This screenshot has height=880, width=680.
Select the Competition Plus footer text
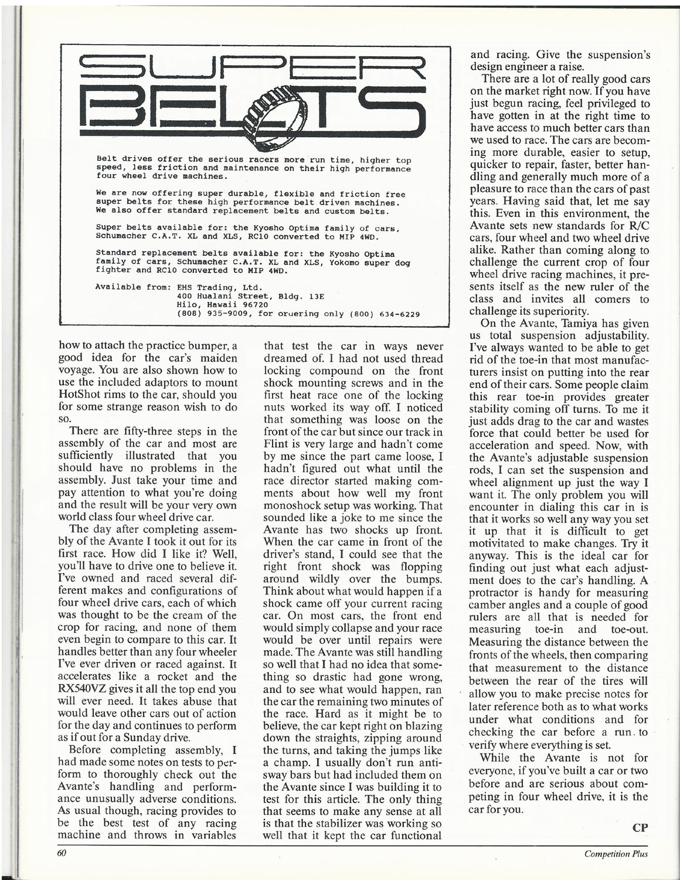616,854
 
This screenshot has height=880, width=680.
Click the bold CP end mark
640,828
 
